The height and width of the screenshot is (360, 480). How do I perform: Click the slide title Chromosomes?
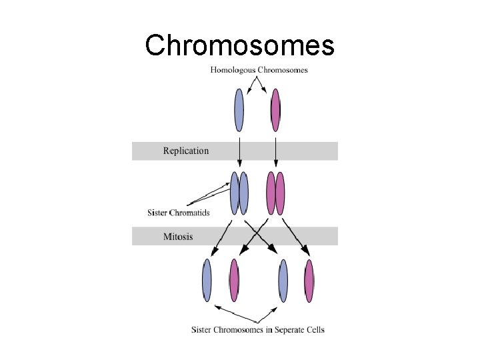click(x=239, y=45)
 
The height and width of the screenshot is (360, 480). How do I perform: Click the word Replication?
click(x=186, y=151)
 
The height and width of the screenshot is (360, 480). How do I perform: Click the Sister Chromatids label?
click(x=179, y=213)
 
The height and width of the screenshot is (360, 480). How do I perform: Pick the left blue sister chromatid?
click(x=234, y=193)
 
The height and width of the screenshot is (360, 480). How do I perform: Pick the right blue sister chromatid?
click(x=244, y=193)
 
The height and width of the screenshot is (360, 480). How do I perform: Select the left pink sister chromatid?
click(x=271, y=193)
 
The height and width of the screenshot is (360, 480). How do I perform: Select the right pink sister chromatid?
click(x=280, y=193)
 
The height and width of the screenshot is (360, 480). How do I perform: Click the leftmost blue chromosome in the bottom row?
click(x=207, y=280)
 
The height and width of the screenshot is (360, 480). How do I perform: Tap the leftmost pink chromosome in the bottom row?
click(x=234, y=280)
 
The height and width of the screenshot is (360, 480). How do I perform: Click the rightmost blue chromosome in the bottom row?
click(x=283, y=280)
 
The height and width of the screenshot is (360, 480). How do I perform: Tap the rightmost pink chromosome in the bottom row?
click(x=309, y=280)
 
